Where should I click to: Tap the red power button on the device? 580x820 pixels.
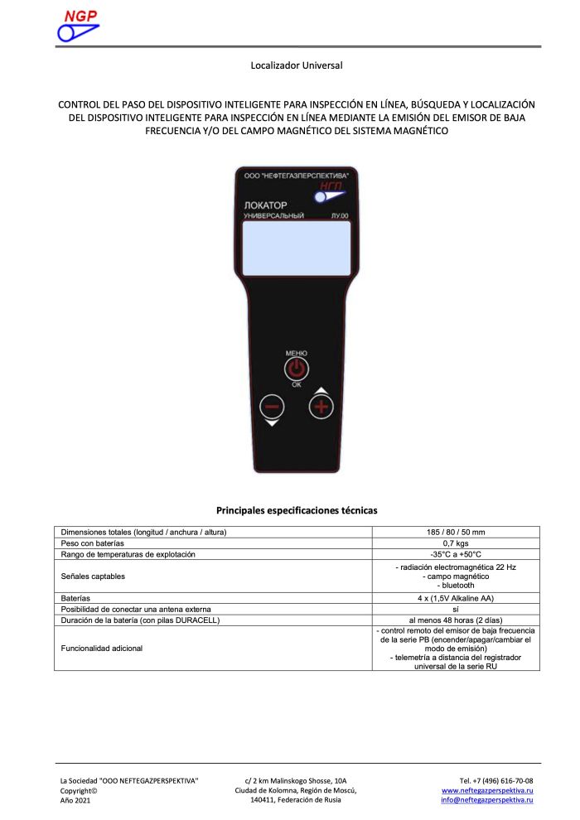click(297, 369)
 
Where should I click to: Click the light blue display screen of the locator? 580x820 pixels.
click(297, 248)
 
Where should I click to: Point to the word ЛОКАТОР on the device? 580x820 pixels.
click(265, 205)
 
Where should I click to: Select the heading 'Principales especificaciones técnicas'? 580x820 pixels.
click(297, 510)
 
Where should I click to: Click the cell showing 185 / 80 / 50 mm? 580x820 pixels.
click(455, 532)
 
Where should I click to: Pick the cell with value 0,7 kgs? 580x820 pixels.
click(455, 543)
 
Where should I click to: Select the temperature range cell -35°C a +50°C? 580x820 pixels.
click(455, 553)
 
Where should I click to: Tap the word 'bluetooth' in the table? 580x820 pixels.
click(455, 586)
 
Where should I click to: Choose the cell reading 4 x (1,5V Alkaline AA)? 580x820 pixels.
click(455, 598)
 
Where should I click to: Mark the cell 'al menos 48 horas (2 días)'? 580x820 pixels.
click(455, 620)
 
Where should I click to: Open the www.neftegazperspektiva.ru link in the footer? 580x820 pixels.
click(487, 791)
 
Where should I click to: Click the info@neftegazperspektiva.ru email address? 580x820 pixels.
click(487, 801)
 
